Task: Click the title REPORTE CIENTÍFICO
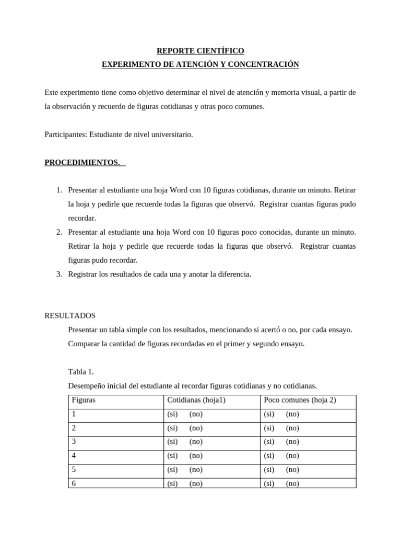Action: pos(200,51)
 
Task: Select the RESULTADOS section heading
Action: pos(70,316)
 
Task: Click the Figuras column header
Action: pos(84,400)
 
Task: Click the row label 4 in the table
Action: pos(74,455)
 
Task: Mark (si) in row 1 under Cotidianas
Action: pos(172,414)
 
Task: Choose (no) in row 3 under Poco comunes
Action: pos(292,442)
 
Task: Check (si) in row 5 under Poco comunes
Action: pos(269,469)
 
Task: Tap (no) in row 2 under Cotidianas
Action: pos(196,428)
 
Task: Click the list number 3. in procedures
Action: pos(60,274)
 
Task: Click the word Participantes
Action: pos(65,135)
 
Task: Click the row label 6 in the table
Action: pos(74,483)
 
